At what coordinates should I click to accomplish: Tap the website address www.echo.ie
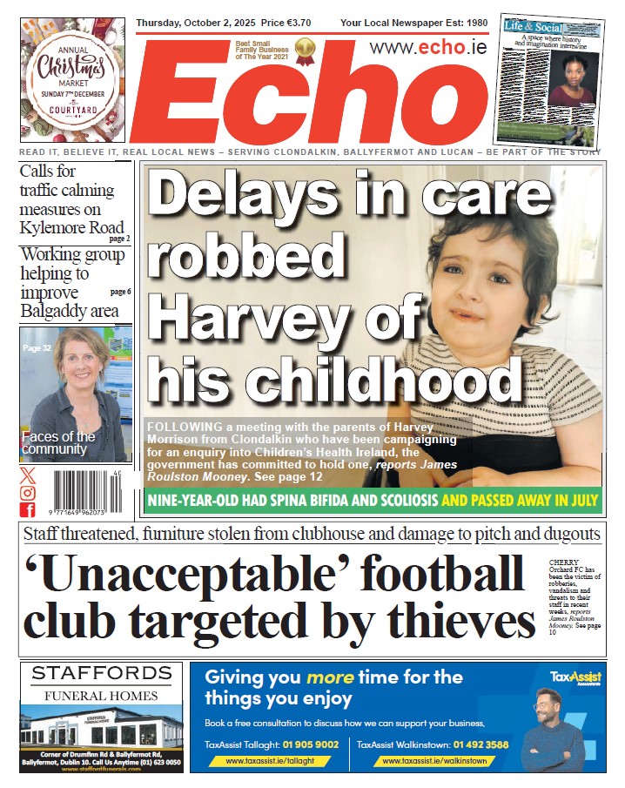point(427,48)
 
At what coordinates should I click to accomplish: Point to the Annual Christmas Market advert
point(73,80)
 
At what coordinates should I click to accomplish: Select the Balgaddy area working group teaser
point(74,283)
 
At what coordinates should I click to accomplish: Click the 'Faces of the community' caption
point(58,442)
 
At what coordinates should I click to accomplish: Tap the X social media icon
point(28,475)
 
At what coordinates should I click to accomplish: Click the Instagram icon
point(28,493)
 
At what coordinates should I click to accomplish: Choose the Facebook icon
point(28,510)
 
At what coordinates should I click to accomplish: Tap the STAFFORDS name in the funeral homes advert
point(101,673)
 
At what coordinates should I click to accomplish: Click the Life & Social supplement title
point(532,27)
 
